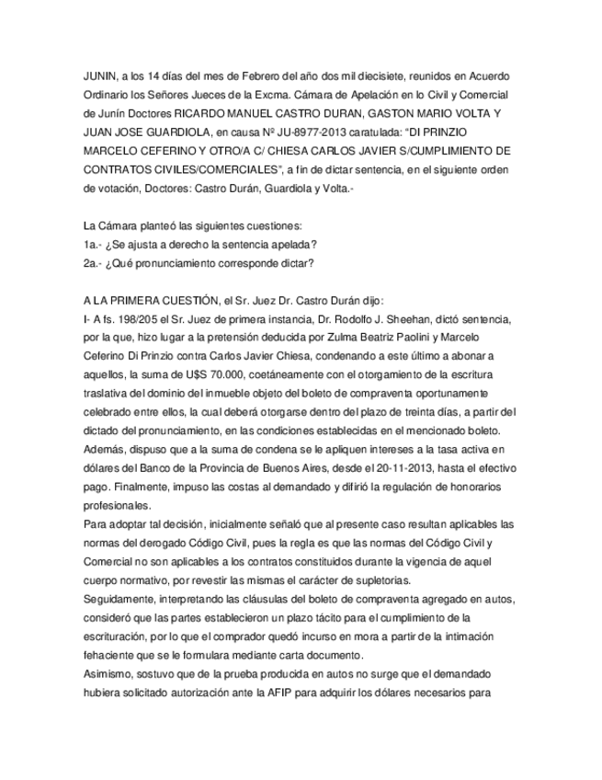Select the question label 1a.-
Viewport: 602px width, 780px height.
pos(91,245)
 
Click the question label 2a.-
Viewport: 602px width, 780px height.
pos(91,264)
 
